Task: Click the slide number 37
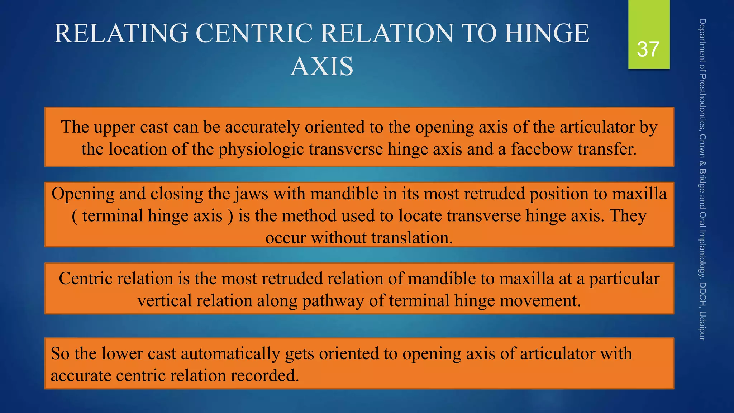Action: coord(648,49)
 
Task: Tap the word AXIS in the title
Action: coord(321,67)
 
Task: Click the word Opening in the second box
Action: coord(83,194)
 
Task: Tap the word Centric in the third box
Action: coord(86,279)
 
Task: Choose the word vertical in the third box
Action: coord(165,300)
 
